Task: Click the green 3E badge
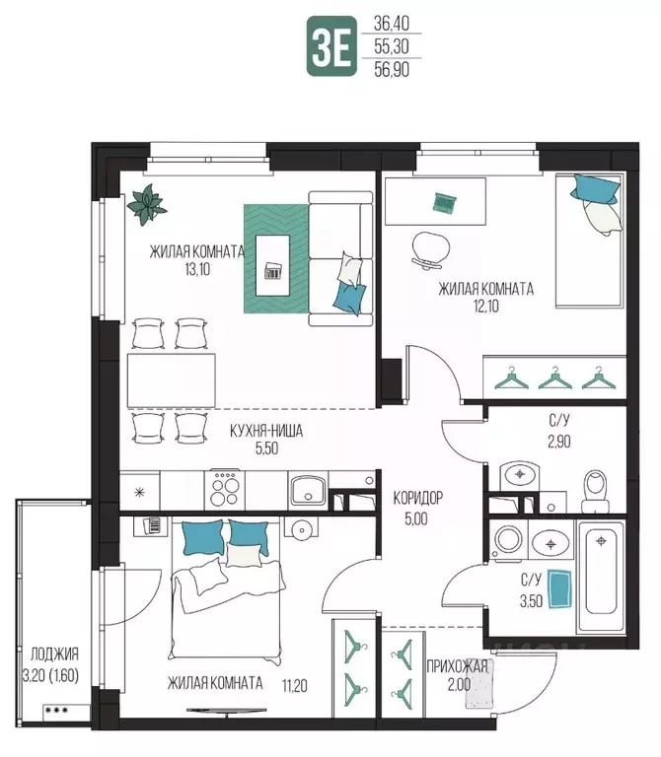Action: click(331, 46)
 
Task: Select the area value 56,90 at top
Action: click(392, 70)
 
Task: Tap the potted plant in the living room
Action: click(147, 204)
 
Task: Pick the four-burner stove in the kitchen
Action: click(225, 489)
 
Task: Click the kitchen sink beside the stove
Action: click(308, 489)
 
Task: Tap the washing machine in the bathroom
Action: click(508, 539)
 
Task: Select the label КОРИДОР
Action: click(417, 498)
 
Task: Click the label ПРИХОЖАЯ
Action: click(457, 666)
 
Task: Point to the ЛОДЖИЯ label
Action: click(54, 654)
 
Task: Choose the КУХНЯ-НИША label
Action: click(266, 431)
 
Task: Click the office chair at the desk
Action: click(427, 248)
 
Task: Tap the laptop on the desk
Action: click(445, 203)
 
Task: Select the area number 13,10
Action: click(197, 269)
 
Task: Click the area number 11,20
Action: click(294, 685)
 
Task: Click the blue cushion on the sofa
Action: click(349, 298)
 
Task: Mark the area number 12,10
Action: click(486, 307)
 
